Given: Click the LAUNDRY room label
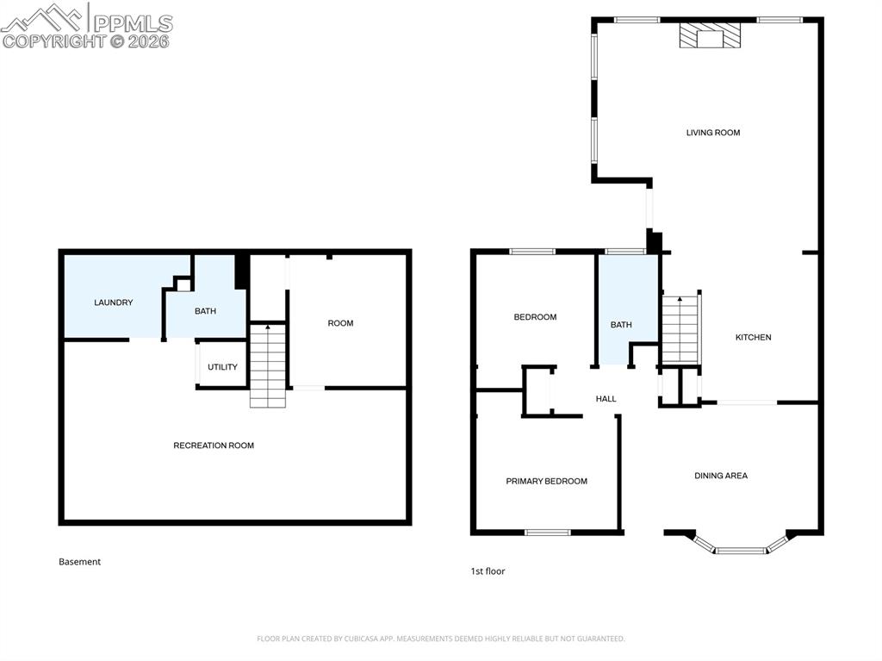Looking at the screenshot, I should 113,302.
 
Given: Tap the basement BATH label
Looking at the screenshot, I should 205,311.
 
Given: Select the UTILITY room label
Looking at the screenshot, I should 222,367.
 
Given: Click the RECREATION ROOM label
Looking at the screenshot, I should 214,446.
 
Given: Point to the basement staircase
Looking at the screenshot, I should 268,365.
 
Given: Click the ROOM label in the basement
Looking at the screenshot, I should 340,323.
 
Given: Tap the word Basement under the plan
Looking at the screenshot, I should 79,562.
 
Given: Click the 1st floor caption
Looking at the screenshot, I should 488,571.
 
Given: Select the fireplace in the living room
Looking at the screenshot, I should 710,36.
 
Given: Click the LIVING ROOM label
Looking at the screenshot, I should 713,133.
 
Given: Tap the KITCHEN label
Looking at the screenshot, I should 753,337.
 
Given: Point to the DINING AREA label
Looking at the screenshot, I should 721,476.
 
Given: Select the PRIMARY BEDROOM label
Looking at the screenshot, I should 546,481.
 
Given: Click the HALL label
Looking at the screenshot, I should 606,399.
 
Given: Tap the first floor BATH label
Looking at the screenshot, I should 621,325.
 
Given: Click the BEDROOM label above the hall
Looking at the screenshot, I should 535,317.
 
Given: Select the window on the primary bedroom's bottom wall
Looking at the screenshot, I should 548,533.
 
